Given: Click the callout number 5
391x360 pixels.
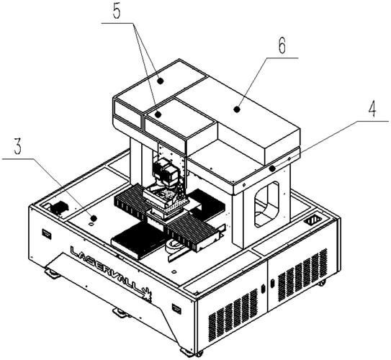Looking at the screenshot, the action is coord(116,11).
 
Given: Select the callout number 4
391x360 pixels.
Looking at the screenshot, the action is coord(372,109).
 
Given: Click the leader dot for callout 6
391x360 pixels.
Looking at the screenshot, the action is coord(237,109).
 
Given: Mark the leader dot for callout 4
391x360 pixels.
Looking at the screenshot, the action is coord(273,168).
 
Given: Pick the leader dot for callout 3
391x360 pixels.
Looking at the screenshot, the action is coord(94,218).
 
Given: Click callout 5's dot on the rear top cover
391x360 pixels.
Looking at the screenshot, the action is coord(161,81).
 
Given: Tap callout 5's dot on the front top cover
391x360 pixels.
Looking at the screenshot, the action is coord(158,114).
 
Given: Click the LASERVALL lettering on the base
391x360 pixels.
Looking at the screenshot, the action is coord(108,270).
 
